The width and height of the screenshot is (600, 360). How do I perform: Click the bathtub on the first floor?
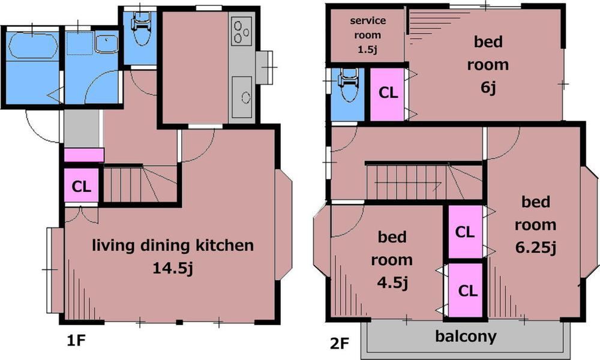34,46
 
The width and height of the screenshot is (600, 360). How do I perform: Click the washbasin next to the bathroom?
107,44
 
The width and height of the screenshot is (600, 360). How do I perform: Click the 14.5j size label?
173,268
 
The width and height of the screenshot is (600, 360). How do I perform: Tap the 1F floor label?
76,340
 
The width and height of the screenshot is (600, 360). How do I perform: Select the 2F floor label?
340,343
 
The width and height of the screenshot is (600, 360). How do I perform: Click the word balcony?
466,336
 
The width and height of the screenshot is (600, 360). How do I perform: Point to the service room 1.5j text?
368,35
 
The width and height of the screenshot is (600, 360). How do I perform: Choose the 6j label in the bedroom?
488,88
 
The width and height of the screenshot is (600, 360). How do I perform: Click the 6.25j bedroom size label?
535,248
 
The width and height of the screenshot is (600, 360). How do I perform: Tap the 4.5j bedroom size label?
392,283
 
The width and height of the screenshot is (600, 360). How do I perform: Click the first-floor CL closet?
82,185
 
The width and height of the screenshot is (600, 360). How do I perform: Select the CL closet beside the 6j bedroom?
388,93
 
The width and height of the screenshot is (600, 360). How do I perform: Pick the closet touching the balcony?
466,290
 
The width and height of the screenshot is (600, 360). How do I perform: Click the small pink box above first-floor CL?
84,155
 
